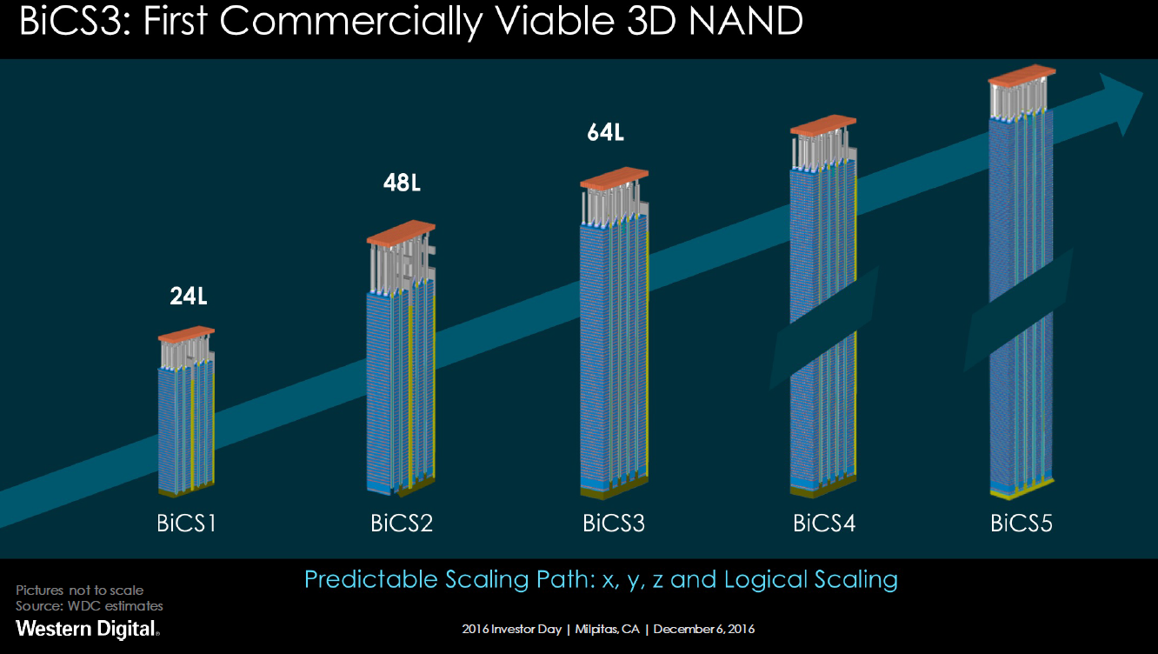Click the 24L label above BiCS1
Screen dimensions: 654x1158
pyautogui.click(x=188, y=297)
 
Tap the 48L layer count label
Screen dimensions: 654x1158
pyautogui.click(x=402, y=184)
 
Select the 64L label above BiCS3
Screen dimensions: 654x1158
pyautogui.click(x=605, y=133)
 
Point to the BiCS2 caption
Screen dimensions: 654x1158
pyautogui.click(x=402, y=524)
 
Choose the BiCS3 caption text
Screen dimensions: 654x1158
pyautogui.click(x=614, y=524)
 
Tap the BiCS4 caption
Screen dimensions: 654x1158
pyautogui.click(x=824, y=524)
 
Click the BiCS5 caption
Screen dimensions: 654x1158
pyautogui.click(x=1022, y=524)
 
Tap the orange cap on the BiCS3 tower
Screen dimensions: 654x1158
pyautogui.click(x=615, y=178)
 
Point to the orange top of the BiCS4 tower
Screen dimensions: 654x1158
pyautogui.click(x=823, y=124)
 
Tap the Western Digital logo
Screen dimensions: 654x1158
pyautogui.click(x=87, y=628)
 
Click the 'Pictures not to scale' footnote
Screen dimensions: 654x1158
pyautogui.click(x=79, y=591)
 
